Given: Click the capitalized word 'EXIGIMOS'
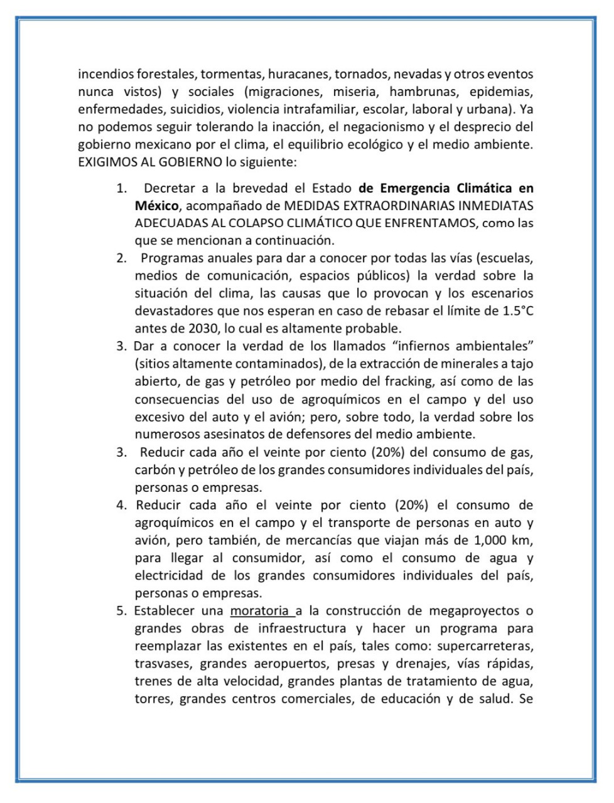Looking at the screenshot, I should pyautogui.click(x=104, y=162).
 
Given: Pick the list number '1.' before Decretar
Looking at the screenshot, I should pyautogui.click(x=121, y=188).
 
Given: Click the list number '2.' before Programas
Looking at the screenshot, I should pyautogui.click(x=121, y=258).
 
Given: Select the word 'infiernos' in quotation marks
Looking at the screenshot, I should pyautogui.click(x=399, y=346).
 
